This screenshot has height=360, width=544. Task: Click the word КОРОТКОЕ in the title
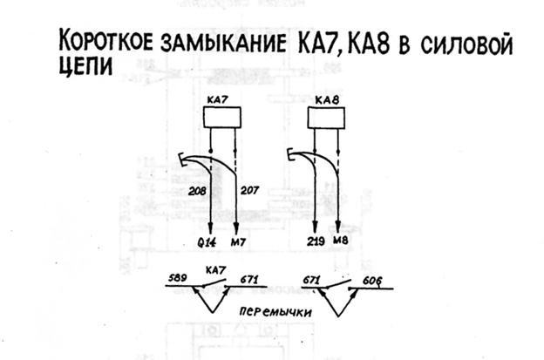tap(104, 44)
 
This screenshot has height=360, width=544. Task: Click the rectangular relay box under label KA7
tap(221, 119)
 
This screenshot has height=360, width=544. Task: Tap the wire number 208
tap(197, 188)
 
